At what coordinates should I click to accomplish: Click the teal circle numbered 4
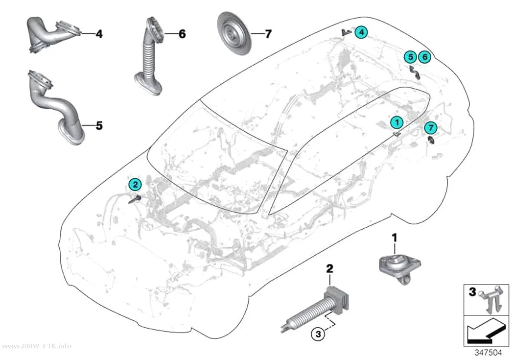tap(361, 32)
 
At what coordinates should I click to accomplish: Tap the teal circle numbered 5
tap(410, 57)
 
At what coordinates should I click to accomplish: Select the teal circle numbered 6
tap(425, 57)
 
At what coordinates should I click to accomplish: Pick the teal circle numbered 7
tap(431, 128)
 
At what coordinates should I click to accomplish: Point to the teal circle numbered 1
tap(397, 122)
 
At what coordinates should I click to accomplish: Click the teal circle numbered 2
tap(136, 185)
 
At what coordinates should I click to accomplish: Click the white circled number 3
tap(317, 335)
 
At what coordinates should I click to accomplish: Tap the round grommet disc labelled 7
tap(234, 34)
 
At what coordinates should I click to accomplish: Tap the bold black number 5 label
tap(99, 126)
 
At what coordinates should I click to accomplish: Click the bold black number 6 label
tap(182, 34)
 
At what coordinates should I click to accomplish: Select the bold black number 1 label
tap(395, 238)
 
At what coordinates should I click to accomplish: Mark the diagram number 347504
tap(488, 353)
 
